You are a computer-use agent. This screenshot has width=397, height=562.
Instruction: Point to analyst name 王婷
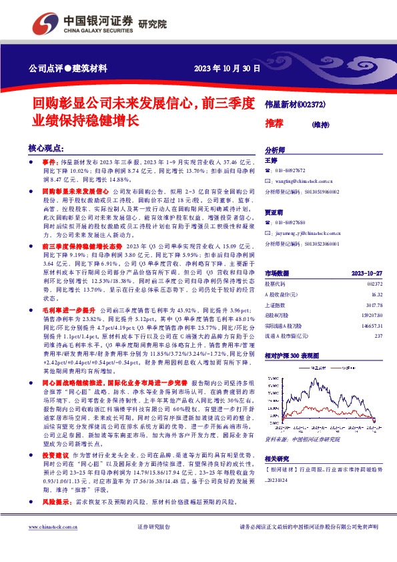click(270, 161)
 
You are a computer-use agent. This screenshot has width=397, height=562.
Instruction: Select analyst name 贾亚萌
click(274, 212)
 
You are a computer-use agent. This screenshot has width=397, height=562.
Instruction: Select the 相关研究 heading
click(277, 458)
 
